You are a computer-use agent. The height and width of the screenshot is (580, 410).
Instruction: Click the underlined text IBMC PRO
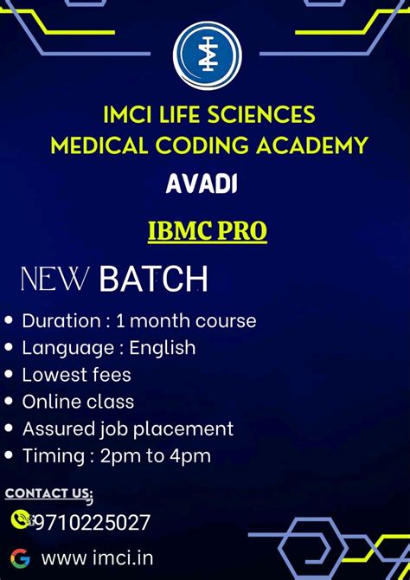pyautogui.click(x=208, y=231)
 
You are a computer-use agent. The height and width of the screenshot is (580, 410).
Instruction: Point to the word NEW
pyautogui.click(x=54, y=280)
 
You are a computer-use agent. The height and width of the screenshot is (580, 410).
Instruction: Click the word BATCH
pyautogui.click(x=153, y=280)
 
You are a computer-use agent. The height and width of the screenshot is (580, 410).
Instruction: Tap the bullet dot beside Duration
pyautogui.click(x=10, y=320)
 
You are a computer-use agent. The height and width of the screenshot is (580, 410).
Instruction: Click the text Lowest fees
pyautogui.click(x=76, y=375)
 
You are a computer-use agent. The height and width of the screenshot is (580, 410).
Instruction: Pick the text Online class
pyautogui.click(x=78, y=402)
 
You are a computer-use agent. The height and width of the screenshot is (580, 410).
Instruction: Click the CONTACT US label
pyautogui.click(x=48, y=493)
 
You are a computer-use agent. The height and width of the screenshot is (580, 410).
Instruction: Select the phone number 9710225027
pyautogui.click(x=92, y=522)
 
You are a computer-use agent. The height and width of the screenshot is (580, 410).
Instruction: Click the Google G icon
pyautogui.click(x=20, y=558)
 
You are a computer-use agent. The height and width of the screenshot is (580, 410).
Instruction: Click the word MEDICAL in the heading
pyautogui.click(x=93, y=145)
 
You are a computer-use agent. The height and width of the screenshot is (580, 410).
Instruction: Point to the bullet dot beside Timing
pyautogui.click(x=10, y=455)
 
